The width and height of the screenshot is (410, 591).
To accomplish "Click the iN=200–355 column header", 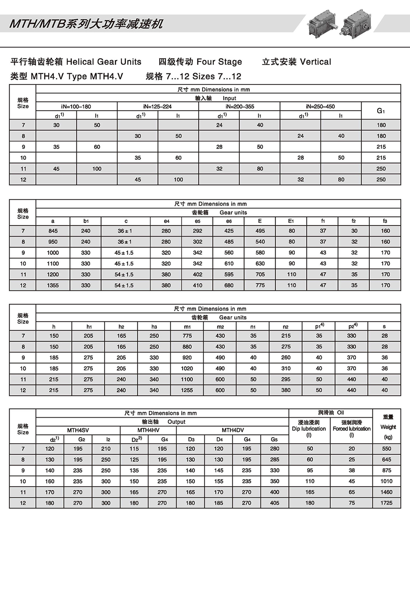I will tap(240, 106).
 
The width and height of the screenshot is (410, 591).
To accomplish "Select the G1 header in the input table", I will tap(381, 111).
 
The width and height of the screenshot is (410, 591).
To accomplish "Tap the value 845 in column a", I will tap(53, 231).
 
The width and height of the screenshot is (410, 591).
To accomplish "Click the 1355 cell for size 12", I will tap(53, 285).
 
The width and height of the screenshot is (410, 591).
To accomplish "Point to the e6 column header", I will tap(229, 221).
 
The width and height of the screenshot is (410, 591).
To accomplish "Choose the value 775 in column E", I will tap(260, 285).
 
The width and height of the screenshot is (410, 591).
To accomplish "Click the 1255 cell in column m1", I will tap(187, 390).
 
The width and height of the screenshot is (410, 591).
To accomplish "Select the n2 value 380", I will tap(286, 390).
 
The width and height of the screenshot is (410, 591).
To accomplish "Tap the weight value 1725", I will tap(387, 503).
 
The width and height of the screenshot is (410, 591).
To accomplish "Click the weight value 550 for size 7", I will tap(387, 449).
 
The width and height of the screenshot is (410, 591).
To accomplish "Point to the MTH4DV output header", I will tap(233, 430).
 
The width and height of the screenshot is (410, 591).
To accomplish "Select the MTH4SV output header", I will tap(78, 430).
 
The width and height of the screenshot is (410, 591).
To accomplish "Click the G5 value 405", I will tap(275, 503).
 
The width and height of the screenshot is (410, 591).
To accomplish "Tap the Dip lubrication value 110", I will tap(310, 481).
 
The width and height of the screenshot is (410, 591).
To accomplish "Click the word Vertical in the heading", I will tap(315, 62).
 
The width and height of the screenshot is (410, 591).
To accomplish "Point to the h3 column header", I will tap(154, 327).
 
